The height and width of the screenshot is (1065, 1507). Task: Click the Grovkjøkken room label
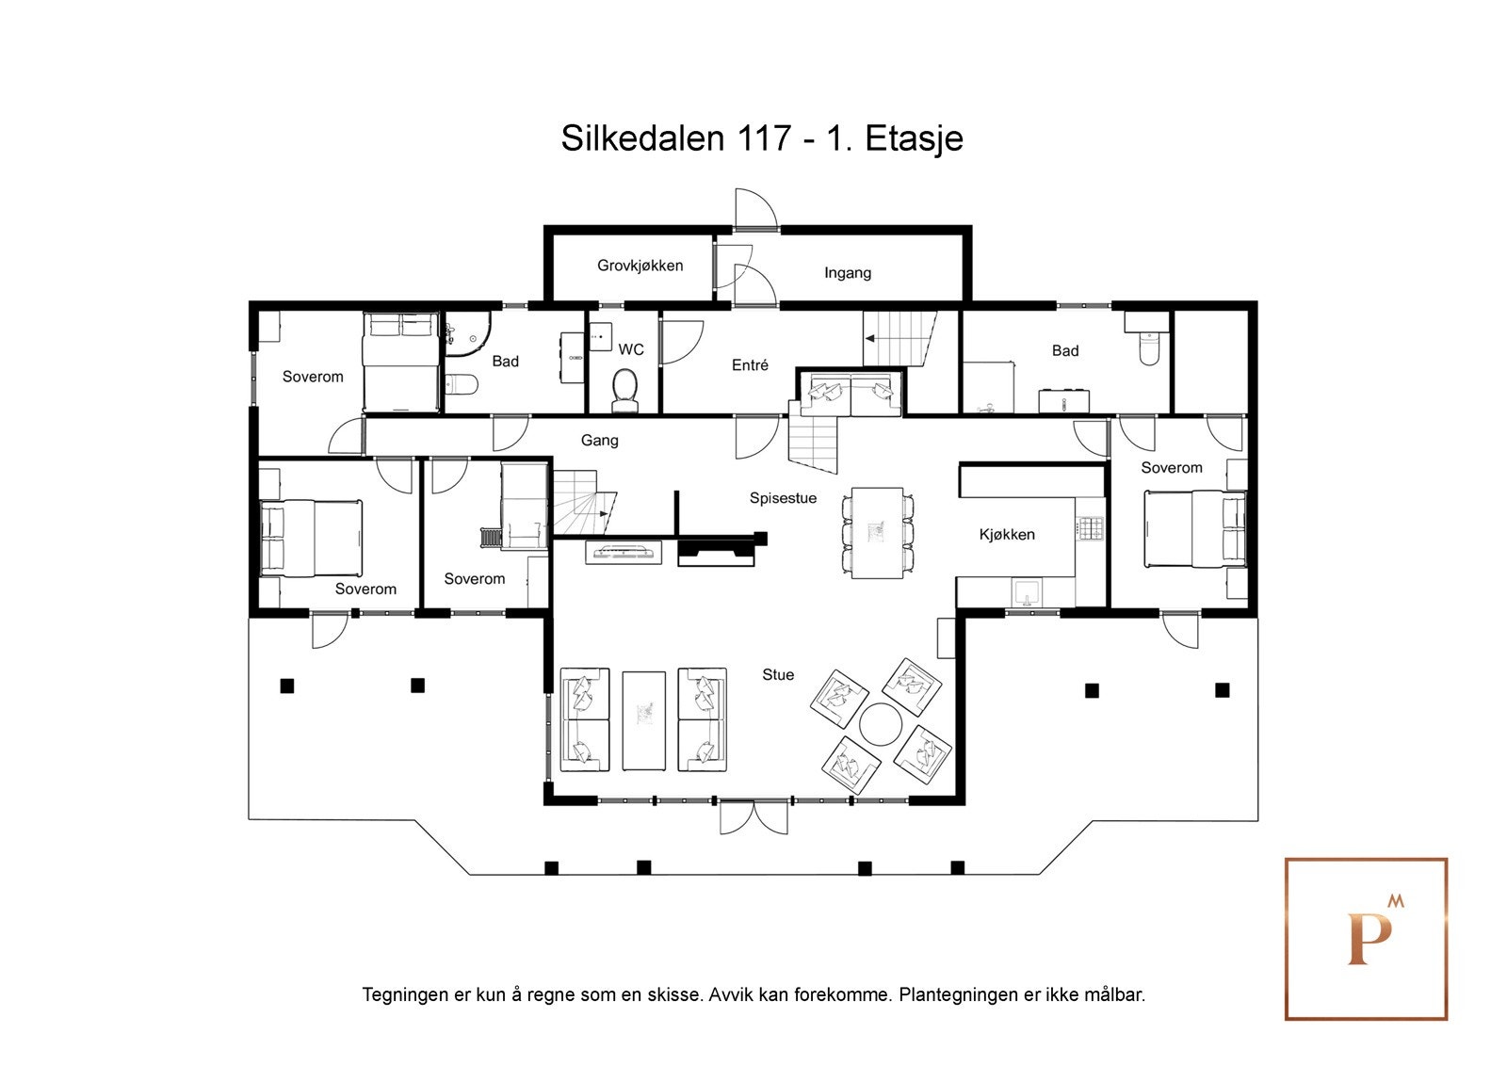[640, 266]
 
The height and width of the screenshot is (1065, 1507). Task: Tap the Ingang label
[848, 272]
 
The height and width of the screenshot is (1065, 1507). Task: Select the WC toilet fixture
[625, 390]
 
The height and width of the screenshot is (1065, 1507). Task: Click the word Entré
[750, 364]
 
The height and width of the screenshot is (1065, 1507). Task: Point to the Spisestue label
[783, 498]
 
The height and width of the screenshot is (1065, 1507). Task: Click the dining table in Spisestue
[877, 533]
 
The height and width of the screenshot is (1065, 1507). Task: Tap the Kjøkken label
[1007, 534]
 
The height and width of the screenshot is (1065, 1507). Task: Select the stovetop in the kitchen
[1090, 528]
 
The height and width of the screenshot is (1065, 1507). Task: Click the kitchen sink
[1027, 592]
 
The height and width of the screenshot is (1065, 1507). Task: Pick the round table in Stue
[881, 724]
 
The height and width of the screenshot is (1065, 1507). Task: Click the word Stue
[778, 674]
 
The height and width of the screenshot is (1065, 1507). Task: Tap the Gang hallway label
[599, 440]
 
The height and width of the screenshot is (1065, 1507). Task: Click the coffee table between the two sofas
[644, 719]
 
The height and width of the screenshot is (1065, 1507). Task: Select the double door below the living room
[753, 816]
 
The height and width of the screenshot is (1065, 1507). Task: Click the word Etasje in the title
[915, 139]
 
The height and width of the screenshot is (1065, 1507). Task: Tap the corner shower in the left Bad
[467, 333]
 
